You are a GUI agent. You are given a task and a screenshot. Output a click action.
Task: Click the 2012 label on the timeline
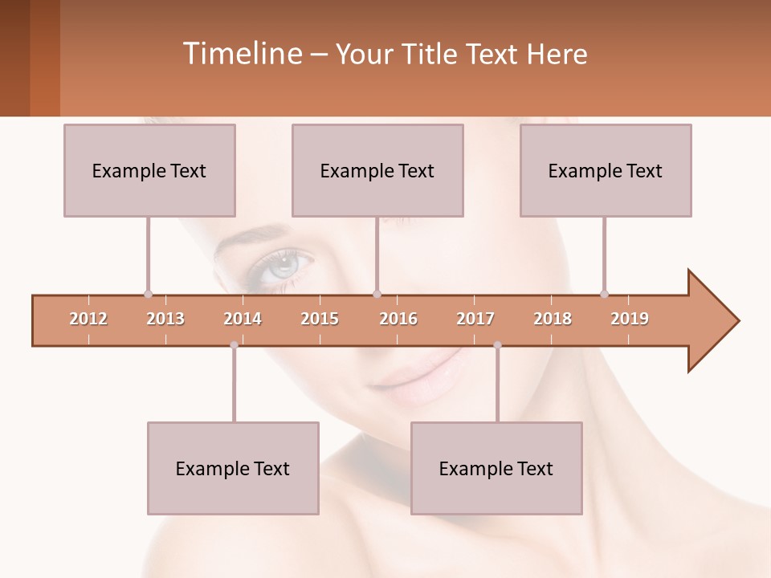point(88,319)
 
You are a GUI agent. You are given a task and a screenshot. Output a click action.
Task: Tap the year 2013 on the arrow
point(165,319)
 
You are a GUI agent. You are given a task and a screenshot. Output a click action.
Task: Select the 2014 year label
point(243,319)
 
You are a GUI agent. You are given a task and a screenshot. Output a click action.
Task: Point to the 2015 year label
point(320,319)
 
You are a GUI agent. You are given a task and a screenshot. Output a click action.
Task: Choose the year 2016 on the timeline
point(398,319)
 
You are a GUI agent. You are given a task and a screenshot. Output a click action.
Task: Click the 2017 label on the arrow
point(475,319)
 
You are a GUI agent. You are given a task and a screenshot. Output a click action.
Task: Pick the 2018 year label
point(553,319)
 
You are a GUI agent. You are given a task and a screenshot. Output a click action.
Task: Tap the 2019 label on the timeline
point(630,319)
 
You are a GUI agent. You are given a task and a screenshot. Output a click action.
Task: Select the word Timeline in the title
point(240,54)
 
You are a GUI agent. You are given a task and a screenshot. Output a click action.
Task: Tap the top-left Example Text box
point(149,170)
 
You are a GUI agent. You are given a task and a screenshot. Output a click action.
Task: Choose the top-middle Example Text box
point(377,170)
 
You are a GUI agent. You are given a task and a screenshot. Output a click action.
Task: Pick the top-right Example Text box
point(606,170)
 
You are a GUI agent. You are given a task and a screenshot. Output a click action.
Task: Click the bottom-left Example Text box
point(233,468)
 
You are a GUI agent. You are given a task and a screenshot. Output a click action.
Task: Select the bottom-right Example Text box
point(496,468)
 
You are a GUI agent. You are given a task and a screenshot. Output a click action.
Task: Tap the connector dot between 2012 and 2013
point(148,294)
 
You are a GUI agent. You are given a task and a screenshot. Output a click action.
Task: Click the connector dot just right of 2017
point(497,345)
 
